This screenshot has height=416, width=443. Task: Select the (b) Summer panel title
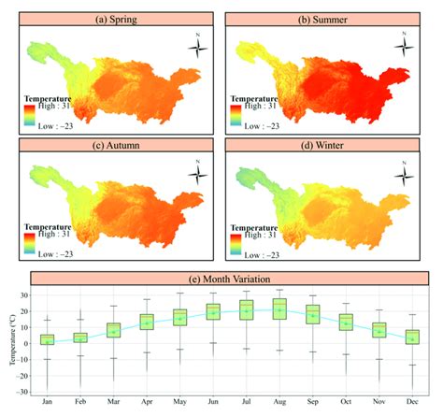(324, 19)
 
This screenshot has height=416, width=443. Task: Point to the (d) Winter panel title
(324, 145)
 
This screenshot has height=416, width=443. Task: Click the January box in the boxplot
(47, 339)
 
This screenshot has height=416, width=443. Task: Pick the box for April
(147, 322)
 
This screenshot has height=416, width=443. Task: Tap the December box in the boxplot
(413, 337)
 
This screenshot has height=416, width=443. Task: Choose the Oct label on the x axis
(346, 400)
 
